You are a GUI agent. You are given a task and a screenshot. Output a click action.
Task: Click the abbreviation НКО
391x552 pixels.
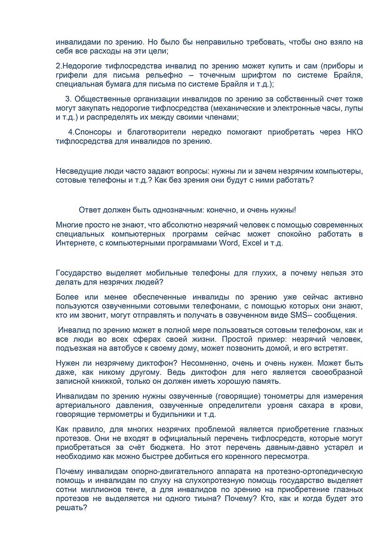coord(354,132)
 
